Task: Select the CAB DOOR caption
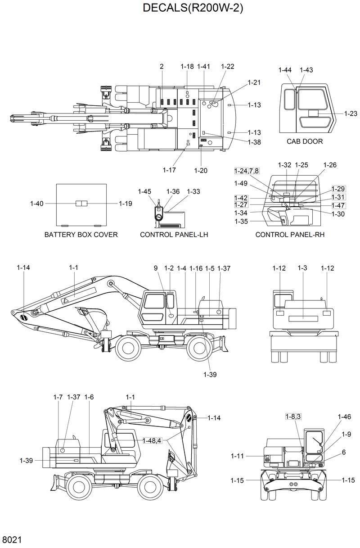point(305,141)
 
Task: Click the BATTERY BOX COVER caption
point(81,235)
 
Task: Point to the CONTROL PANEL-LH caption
point(174,235)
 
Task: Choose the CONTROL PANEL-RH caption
point(290,235)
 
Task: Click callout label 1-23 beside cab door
point(351,113)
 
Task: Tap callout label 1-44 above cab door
point(285,70)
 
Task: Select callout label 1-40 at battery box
point(37,204)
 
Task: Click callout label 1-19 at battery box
point(126,204)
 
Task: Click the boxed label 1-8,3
point(293,417)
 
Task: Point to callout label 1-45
point(144,191)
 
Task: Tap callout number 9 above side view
point(156,268)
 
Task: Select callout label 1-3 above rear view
point(302,268)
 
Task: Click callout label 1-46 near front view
point(344,417)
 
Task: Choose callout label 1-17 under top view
point(169,170)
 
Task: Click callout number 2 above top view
point(161,67)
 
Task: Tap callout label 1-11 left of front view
point(237,456)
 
